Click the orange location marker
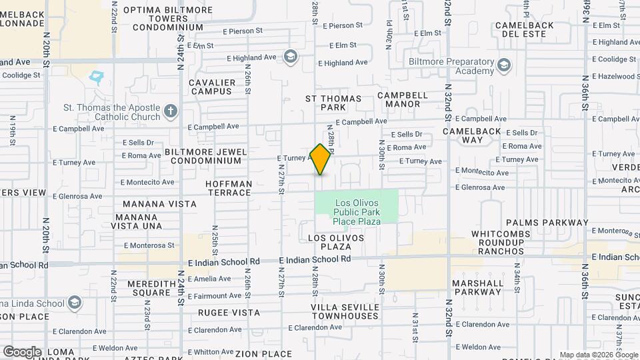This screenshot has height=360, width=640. tap(321, 159)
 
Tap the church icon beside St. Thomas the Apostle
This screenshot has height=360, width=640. tap(171, 111)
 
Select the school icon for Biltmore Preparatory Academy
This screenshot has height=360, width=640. tap(504, 65)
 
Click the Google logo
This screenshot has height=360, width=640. tap(21, 351)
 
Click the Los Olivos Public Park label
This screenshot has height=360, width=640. tap(357, 212)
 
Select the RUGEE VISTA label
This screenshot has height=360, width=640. tap(229, 312)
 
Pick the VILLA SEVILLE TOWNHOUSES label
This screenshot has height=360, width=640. tap(345, 311)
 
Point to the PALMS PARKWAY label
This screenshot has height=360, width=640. tap(547, 223)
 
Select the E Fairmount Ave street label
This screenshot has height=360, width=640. tap(215, 295)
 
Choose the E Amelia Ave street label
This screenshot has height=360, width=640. tap(209, 279)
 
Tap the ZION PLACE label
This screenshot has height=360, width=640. tap(263, 353)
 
